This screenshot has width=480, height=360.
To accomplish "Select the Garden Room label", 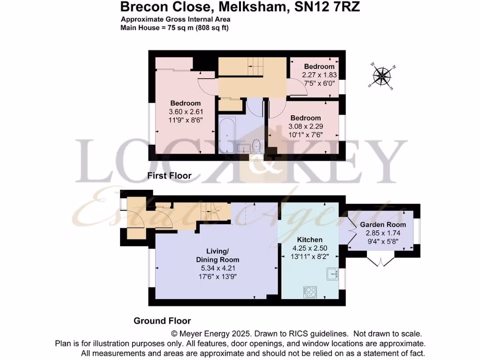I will point(383,225).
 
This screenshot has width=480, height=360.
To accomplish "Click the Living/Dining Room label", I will point(217,255).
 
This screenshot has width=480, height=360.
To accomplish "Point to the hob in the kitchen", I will point(311,292).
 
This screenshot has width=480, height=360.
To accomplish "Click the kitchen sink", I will point(333,273).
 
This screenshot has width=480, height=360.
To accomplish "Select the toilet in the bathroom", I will point(256,146).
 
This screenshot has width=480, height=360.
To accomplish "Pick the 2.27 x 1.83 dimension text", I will point(319,75).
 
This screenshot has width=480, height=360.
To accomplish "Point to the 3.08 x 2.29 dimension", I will point(305,126).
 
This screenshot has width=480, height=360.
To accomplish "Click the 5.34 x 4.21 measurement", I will point(217,268).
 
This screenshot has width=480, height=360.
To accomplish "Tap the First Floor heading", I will point(169,176).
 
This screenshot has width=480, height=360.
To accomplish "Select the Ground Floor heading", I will point(162,321).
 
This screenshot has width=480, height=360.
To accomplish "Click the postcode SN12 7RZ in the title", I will point(328,7).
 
